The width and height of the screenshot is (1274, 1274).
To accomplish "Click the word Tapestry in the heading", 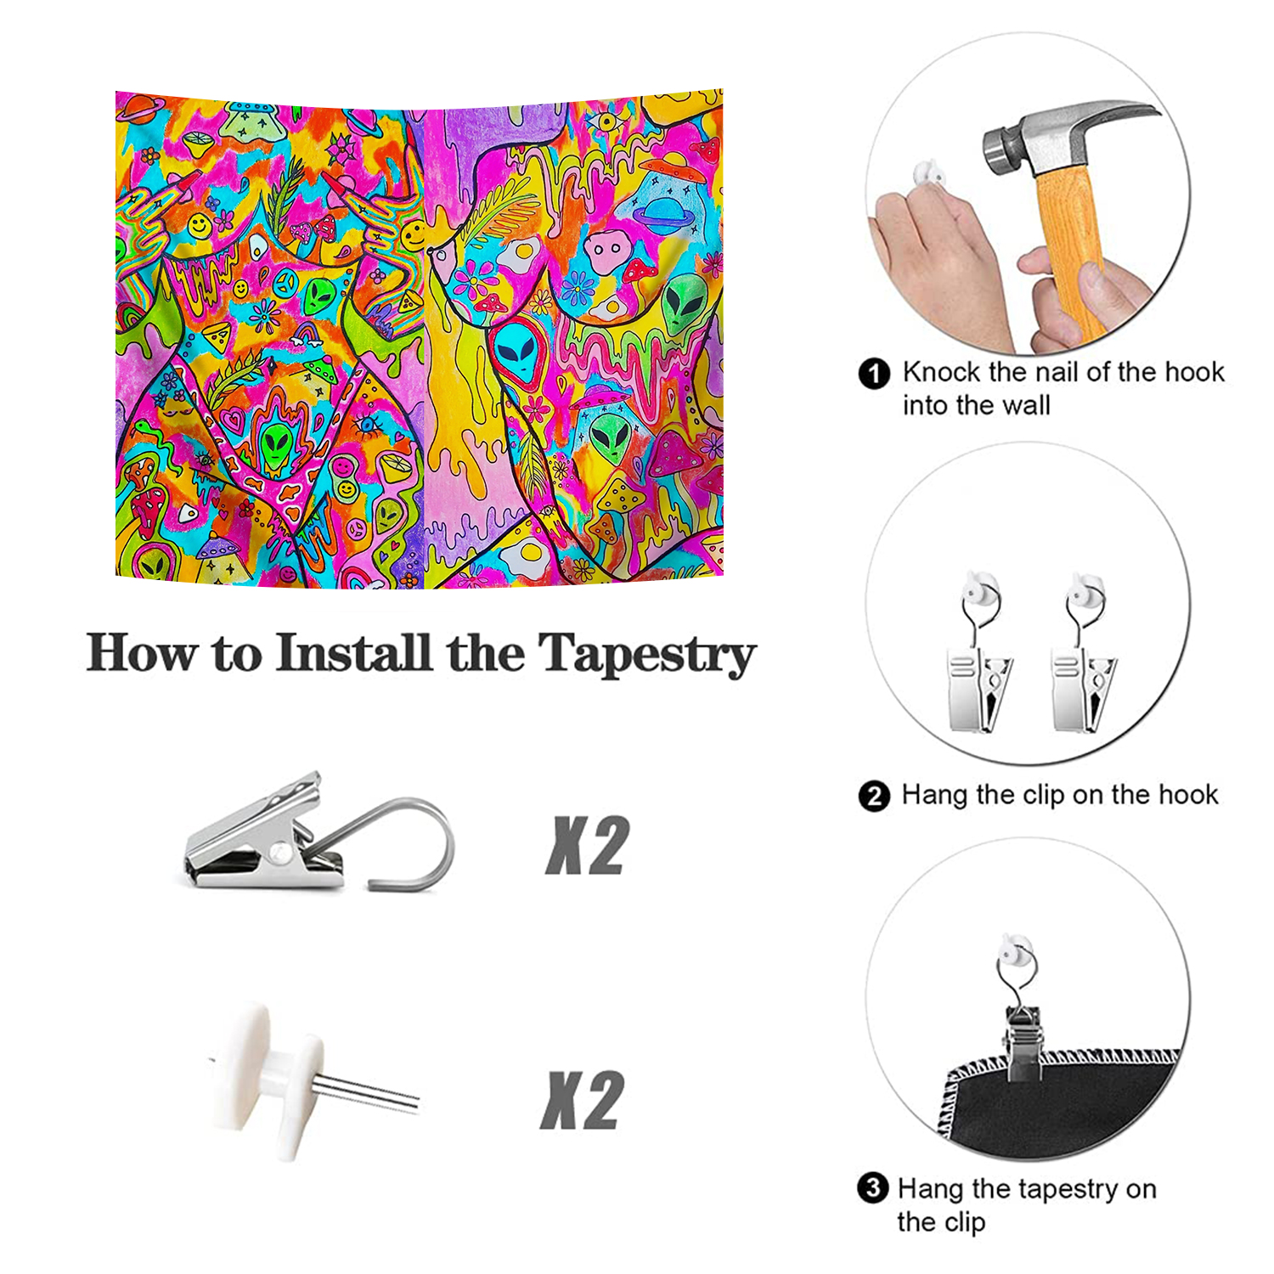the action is [646, 654].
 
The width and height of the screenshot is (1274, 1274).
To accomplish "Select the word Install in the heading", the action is [354, 652].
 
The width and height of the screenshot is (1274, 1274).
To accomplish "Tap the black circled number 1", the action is [874, 374].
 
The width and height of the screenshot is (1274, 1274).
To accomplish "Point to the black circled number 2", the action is [874, 797].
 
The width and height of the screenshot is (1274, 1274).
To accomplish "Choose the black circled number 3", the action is [872, 1187].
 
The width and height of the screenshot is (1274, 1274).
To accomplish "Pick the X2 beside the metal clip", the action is [586, 845].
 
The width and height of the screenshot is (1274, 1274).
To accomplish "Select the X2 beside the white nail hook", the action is [583, 1100].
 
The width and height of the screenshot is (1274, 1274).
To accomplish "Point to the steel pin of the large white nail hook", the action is [365, 1090].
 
